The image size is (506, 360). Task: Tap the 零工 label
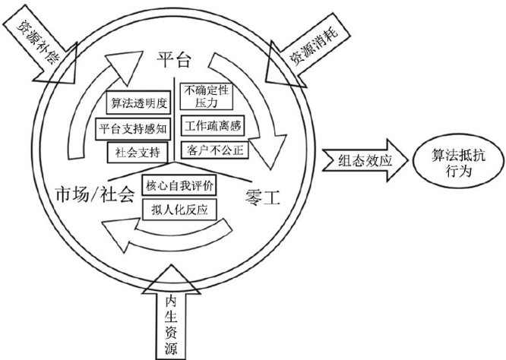pyautogui.click(x=264, y=200)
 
